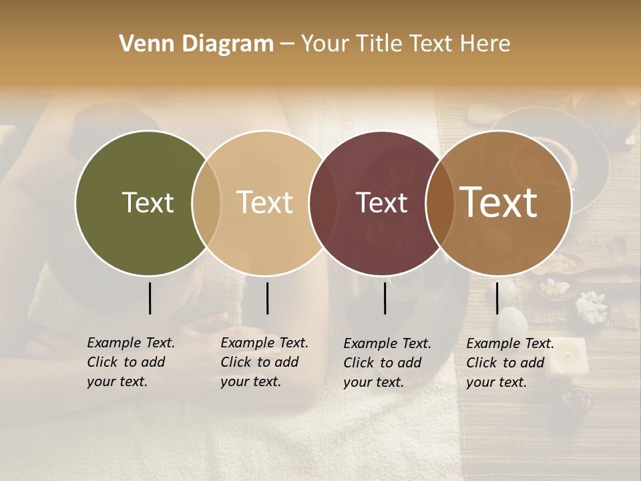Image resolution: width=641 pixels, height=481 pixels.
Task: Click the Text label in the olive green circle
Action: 148,202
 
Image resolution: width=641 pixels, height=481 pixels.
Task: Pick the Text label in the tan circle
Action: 264,202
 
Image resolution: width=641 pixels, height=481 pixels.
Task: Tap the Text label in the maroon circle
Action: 381,202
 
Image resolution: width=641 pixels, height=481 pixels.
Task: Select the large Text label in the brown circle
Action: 499,202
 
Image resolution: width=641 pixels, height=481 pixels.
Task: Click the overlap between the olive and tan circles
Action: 206,203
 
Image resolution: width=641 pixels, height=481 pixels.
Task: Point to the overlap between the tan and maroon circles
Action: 318,203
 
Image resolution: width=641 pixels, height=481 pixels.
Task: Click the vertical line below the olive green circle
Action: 150,298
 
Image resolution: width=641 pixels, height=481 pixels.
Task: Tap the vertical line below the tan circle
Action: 267,298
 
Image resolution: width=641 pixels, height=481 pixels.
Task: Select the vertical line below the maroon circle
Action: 385,298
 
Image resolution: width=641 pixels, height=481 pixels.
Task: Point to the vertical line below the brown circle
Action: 497,298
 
